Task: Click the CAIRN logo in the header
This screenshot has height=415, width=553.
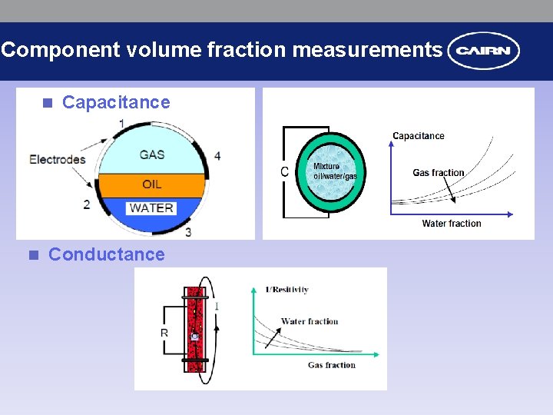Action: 484,51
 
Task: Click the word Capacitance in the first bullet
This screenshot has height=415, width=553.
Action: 116,102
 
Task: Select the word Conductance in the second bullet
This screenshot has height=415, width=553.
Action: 107,254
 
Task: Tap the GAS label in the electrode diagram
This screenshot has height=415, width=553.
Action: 152,154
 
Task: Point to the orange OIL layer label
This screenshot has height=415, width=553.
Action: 152,184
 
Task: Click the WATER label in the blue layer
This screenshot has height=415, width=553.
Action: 151,208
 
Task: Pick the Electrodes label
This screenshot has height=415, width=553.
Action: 58,160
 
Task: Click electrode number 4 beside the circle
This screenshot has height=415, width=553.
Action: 217,156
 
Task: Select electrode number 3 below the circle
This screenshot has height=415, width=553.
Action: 188,231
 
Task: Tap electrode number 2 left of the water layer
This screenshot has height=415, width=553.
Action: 87,204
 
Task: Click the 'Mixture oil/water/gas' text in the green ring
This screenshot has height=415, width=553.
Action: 335,171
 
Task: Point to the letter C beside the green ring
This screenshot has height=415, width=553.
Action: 285,171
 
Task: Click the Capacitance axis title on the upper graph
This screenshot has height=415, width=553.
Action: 419,136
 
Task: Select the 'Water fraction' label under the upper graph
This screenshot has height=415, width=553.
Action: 452,224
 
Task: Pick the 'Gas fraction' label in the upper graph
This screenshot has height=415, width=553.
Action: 439,173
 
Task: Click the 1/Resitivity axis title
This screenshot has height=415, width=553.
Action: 286,290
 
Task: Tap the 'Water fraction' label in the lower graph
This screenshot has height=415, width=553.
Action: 310,321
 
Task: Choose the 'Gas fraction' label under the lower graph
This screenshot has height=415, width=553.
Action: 332,365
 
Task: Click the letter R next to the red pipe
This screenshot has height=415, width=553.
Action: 164,333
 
